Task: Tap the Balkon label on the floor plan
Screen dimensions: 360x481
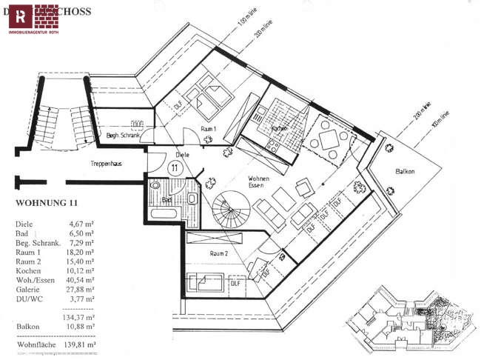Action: pos(405,171)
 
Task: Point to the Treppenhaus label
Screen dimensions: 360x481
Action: pos(107,161)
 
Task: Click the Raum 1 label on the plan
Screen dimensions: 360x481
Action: pos(209,128)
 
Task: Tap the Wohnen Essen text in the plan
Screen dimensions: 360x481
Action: pos(258,183)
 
